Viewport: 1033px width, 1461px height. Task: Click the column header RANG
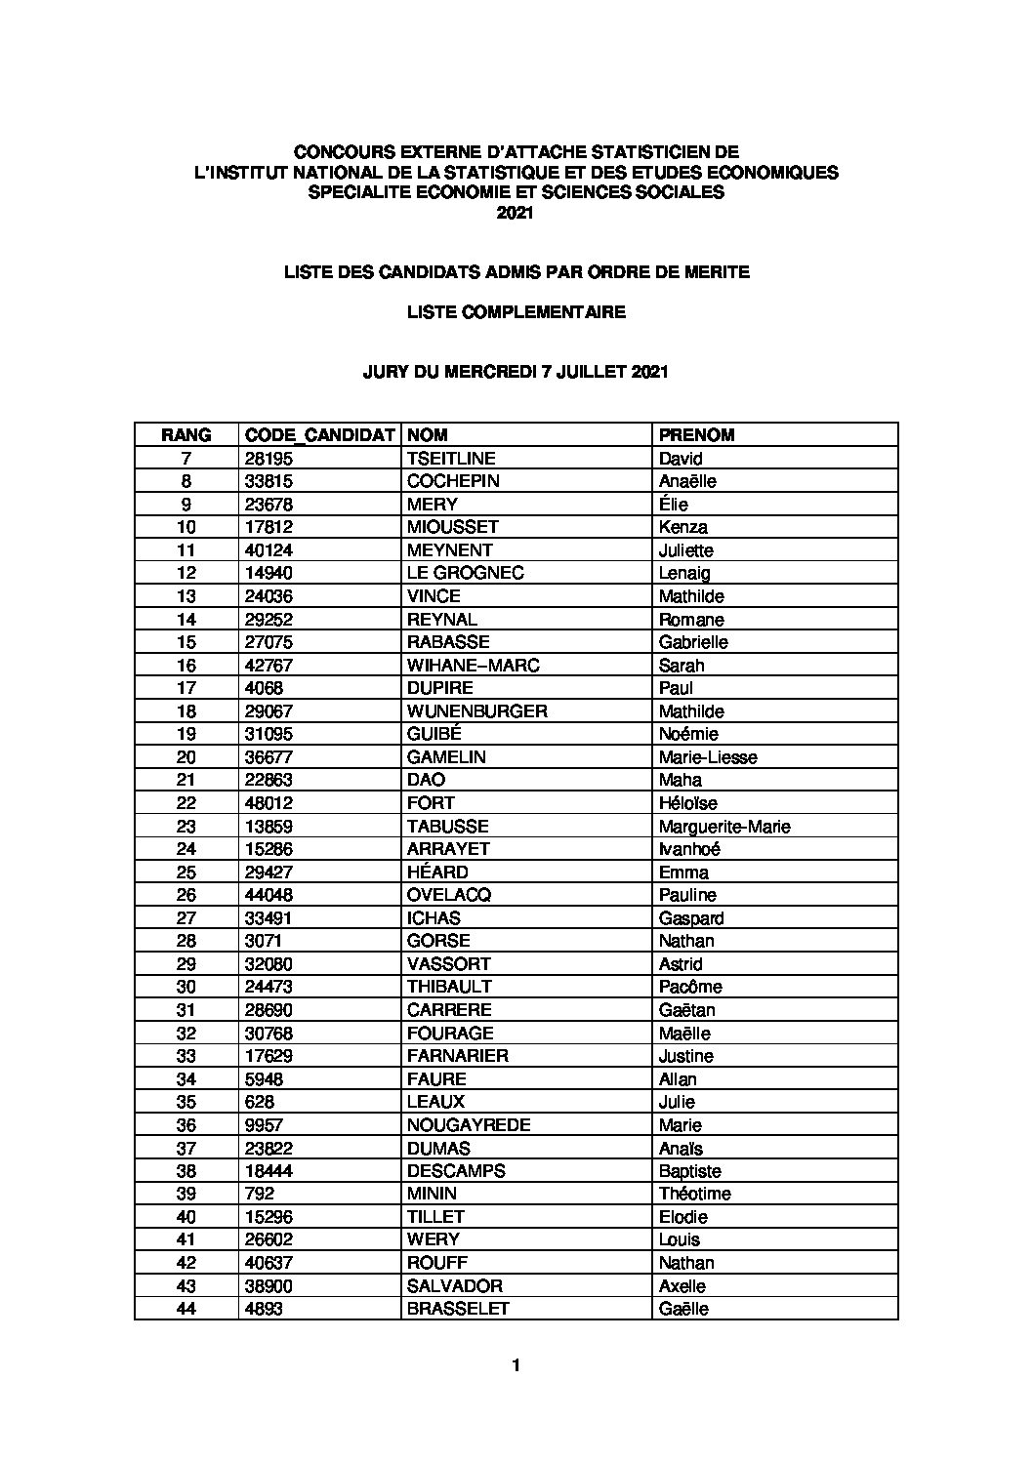coord(186,435)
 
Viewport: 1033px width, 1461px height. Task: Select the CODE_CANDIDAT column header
coord(319,435)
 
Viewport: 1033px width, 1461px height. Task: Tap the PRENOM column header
coord(696,435)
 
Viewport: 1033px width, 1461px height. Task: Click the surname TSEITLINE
coord(451,459)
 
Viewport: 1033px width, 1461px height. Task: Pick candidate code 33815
coord(269,481)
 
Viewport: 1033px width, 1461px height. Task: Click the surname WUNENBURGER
coord(476,711)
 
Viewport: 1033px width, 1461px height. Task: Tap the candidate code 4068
coord(264,688)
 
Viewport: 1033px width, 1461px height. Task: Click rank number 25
coord(186,873)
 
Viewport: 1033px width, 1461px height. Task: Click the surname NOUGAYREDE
coord(469,1125)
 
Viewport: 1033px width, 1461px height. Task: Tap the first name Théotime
coord(694,1194)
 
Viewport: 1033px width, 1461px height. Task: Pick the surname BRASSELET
coord(458,1309)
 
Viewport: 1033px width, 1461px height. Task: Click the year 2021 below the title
coord(516,214)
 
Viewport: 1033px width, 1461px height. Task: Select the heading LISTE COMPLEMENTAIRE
coord(516,312)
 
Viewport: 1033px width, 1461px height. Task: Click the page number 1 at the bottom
coord(516,1365)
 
